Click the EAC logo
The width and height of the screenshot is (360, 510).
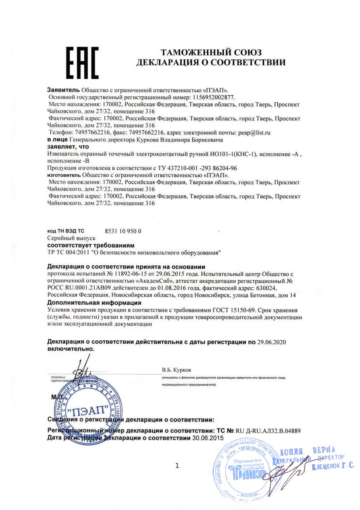(x=82, y=62)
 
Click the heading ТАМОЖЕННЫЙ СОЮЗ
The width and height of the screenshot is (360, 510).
(x=211, y=53)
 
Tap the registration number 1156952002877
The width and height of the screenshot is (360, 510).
(x=213, y=97)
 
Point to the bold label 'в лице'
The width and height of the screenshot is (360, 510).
(x=57, y=139)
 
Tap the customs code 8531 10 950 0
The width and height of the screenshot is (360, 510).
(x=124, y=231)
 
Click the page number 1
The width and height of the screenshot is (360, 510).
(x=177, y=465)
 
